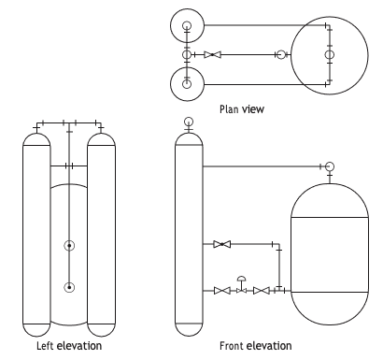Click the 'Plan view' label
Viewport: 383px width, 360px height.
(242, 109)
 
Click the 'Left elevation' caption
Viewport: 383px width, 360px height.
(69, 346)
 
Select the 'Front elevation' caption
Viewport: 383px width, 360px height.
(256, 346)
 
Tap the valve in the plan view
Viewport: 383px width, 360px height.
(213, 55)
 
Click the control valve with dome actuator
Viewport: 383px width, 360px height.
(242, 285)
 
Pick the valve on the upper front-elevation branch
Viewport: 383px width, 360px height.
(222, 244)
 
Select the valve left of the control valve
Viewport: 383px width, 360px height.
(222, 291)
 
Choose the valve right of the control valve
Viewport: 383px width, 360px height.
(262, 291)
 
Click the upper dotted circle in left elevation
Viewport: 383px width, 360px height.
(69, 246)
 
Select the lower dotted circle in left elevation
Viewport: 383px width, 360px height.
(69, 287)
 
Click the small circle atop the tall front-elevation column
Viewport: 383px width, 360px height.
(189, 122)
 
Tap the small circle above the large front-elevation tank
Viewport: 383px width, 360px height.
(330, 166)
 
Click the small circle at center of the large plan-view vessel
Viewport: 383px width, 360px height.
(330, 55)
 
